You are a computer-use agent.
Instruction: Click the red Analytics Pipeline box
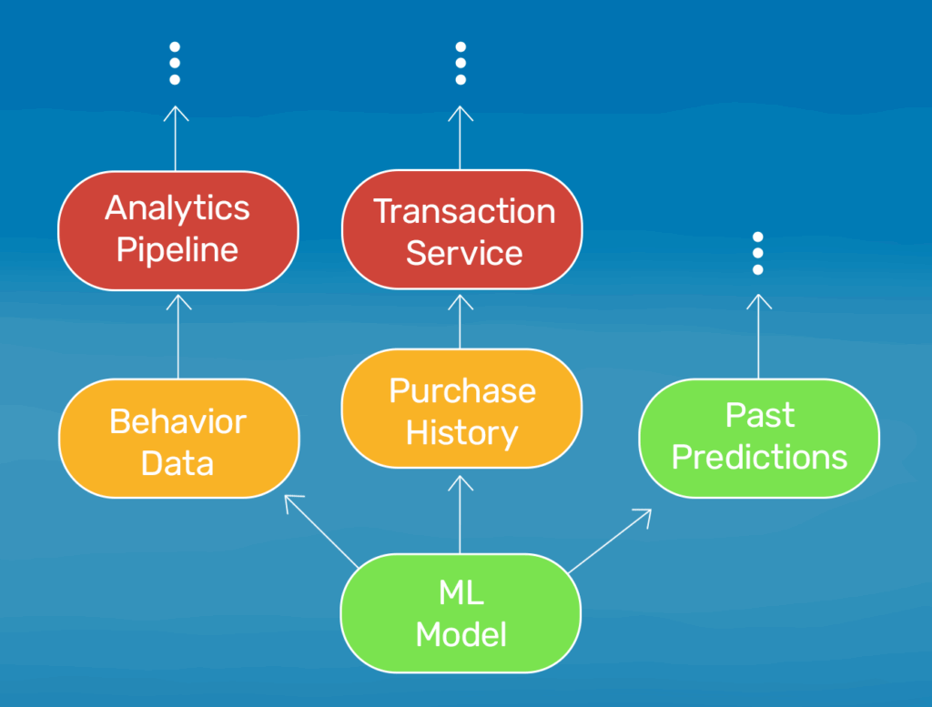point(177,229)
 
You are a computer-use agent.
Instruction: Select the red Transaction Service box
point(461,230)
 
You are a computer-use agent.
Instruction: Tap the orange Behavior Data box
point(177,441)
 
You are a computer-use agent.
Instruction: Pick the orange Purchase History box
point(461,410)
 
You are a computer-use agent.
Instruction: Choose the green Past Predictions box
point(759,437)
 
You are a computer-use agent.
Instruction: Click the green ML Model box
point(461,613)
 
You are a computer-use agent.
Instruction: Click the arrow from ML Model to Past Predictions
point(610,540)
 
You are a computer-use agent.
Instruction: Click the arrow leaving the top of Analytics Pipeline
point(176,137)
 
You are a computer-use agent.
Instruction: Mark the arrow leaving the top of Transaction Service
point(461,137)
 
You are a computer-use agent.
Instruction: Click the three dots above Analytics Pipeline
point(176,64)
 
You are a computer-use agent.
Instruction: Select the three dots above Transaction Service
point(461,64)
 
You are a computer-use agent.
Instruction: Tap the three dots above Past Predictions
point(758,253)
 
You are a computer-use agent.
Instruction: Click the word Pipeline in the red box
point(177,249)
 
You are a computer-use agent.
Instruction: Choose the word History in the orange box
point(461,432)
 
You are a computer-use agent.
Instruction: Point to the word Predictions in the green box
point(759,457)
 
